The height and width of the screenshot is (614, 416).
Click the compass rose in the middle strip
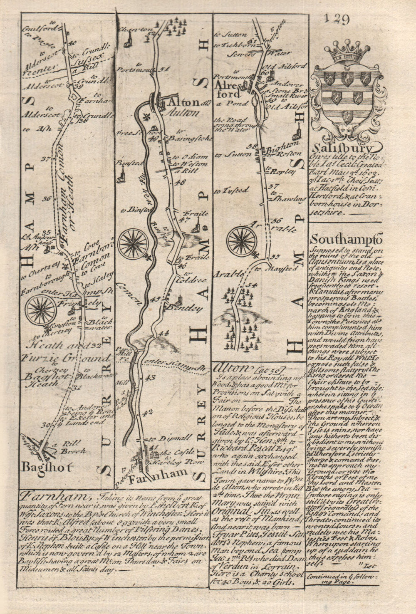[133, 243]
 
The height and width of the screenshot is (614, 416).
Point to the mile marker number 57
[272, 186]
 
